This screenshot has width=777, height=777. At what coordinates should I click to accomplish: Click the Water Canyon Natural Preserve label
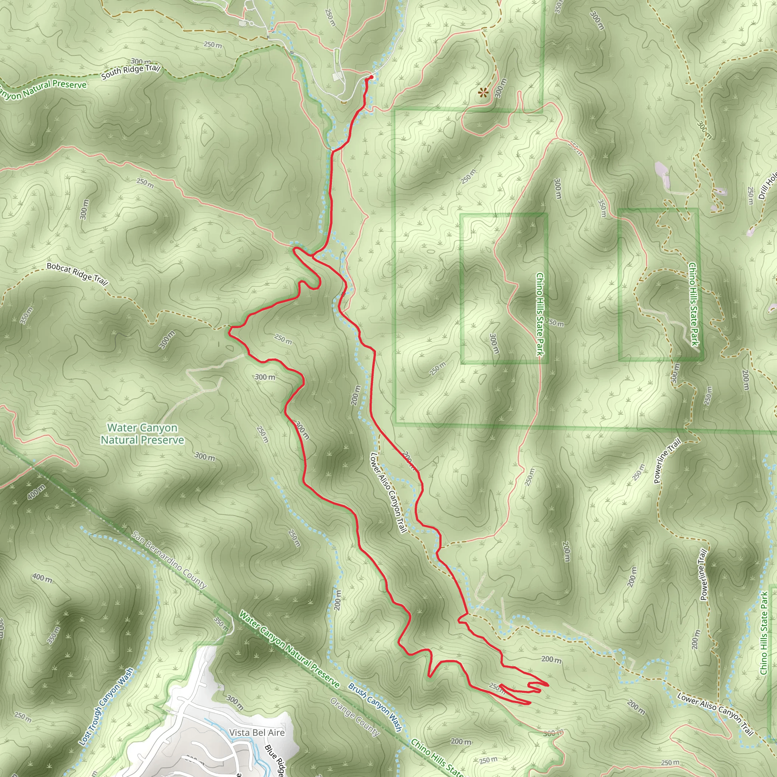(142, 434)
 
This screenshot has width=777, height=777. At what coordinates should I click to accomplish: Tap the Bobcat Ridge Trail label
(77, 274)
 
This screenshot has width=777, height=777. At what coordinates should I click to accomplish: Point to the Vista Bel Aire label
(256, 733)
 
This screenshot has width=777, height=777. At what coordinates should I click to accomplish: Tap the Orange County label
(355, 717)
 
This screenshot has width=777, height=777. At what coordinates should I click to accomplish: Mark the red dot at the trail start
(371, 77)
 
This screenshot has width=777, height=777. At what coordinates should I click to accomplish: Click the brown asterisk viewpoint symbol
(483, 93)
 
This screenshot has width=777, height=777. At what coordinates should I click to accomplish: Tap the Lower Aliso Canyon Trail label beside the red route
(388, 493)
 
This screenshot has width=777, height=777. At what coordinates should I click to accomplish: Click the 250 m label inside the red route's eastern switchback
(497, 688)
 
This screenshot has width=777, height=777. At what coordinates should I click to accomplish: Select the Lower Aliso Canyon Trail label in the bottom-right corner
(715, 714)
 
